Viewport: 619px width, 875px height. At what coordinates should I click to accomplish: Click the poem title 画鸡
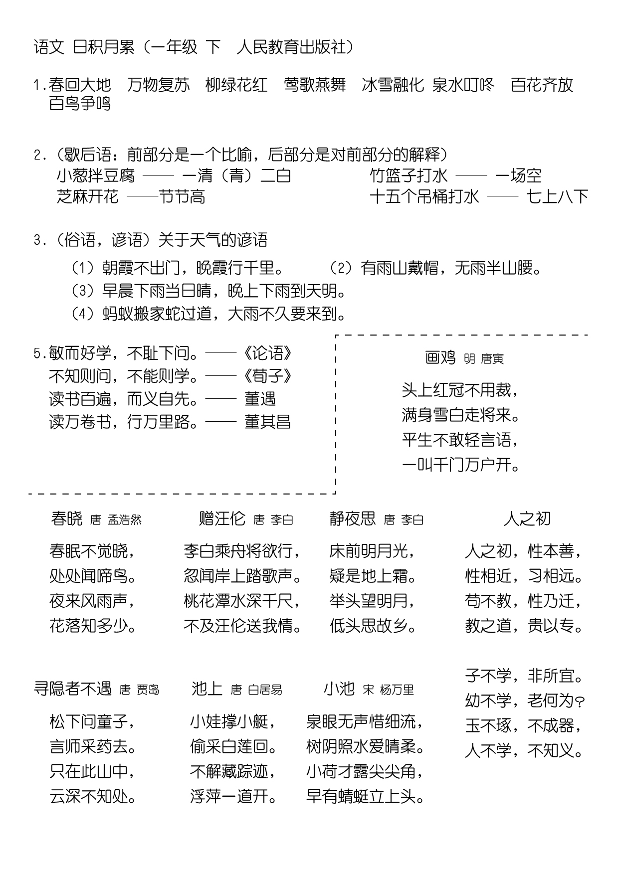[x=440, y=357]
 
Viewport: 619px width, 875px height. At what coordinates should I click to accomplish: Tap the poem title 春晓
[x=66, y=519]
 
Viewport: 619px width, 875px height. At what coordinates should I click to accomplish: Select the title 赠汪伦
[x=222, y=519]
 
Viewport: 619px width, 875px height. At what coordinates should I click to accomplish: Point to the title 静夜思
[x=352, y=519]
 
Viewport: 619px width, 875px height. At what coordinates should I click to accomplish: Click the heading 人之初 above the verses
[x=527, y=519]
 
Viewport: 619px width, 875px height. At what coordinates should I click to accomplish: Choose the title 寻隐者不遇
[x=72, y=689]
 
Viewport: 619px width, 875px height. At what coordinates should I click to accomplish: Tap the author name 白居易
[x=265, y=690]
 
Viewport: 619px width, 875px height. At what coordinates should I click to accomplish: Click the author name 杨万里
[x=397, y=690]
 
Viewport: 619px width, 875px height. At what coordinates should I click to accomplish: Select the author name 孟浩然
[x=125, y=520]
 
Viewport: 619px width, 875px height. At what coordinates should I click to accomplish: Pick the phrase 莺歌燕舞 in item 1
[x=315, y=85]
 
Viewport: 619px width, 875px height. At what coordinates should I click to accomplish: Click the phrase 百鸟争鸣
[x=80, y=104]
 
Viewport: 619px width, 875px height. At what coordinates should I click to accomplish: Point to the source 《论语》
[x=268, y=353]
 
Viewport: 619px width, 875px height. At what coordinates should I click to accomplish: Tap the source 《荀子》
[x=268, y=376]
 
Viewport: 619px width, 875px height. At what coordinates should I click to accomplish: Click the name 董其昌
[x=267, y=422]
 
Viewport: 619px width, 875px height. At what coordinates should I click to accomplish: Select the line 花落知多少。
[x=93, y=626]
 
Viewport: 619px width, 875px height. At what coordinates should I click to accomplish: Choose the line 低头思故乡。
[x=373, y=626]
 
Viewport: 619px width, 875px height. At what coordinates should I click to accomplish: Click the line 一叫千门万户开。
[x=461, y=465]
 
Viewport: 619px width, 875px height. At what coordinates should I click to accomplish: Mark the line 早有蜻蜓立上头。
[x=366, y=796]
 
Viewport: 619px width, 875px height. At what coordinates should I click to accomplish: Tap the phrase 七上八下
[x=558, y=197]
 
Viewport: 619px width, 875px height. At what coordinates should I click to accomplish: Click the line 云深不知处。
[x=93, y=796]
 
